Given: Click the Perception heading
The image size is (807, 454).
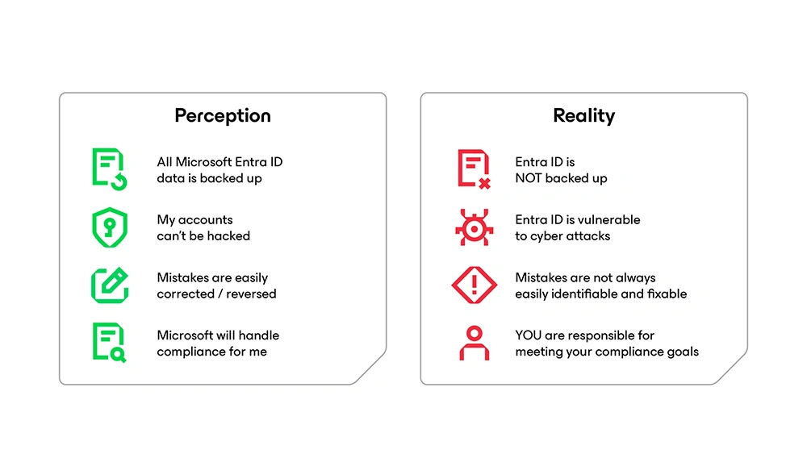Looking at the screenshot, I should pos(223,115).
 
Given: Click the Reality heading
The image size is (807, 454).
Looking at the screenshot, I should pos(583,115).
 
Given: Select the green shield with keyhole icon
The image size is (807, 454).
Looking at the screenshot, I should pos(109,227).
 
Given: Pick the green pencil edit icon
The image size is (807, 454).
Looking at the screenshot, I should pos(109,285).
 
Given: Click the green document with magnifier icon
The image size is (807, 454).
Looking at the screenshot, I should pos(109,343).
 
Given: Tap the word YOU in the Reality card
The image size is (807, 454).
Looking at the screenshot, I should pos(529,335).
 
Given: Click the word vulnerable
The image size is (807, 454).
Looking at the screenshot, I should pos(610,219).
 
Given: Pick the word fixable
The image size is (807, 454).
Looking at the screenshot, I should pos(666,294).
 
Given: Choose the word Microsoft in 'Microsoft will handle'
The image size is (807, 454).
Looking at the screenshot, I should pos(184,335).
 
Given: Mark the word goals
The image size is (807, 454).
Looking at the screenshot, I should pos(682,352).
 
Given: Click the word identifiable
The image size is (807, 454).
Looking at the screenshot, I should pos(587,294).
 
